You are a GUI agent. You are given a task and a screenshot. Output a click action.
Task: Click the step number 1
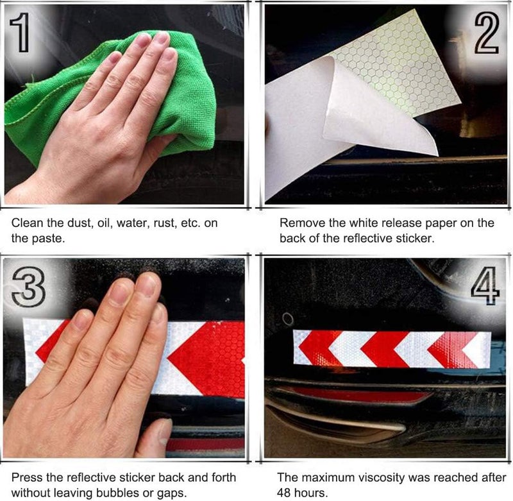tap(20, 33)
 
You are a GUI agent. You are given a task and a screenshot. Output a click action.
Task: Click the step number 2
tap(487, 33)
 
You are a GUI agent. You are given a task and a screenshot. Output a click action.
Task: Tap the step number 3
tap(28, 287)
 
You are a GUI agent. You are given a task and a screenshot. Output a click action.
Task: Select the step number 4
tap(486, 285)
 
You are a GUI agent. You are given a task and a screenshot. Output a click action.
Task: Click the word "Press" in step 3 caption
tap(27, 477)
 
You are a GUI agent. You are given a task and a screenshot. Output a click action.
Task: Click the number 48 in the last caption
tap(283, 493)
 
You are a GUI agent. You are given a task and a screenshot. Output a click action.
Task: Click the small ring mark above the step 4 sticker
tap(287, 319)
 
